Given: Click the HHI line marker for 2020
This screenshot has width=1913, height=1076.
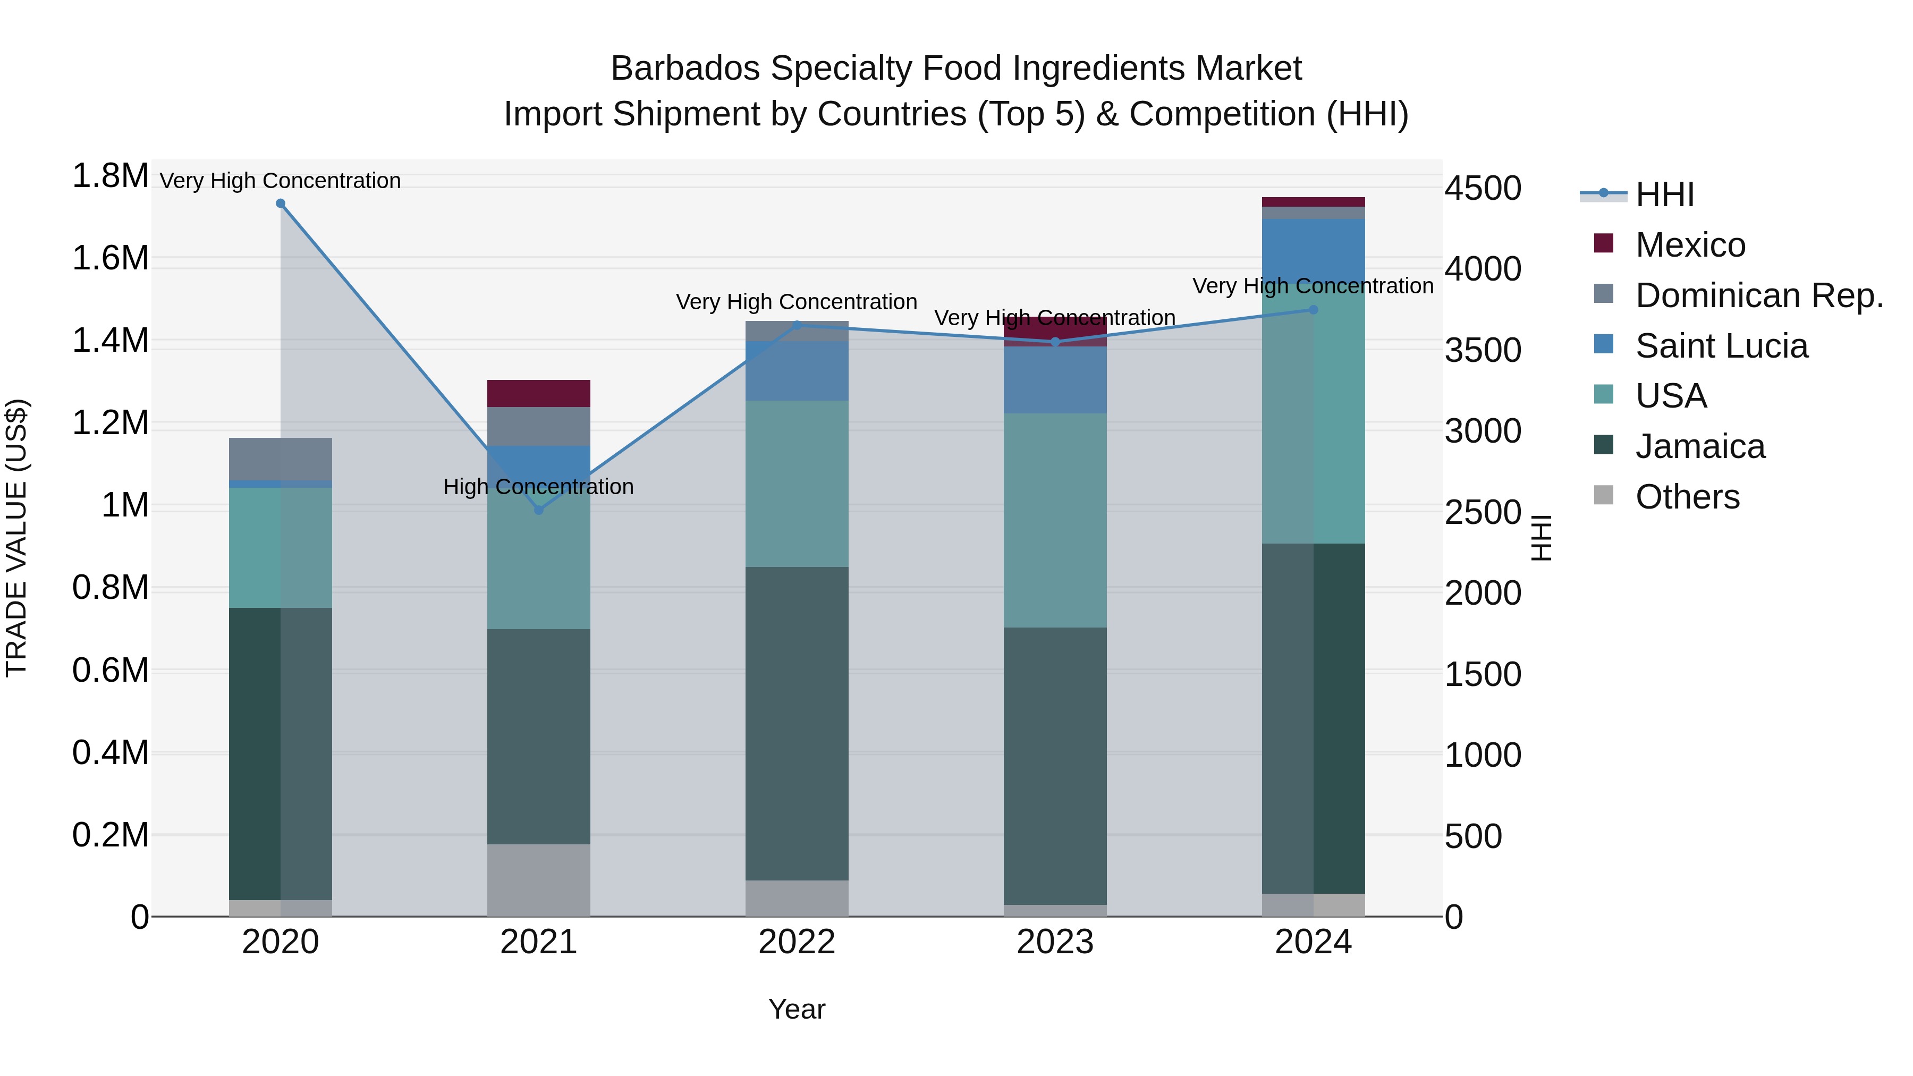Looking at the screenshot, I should [280, 204].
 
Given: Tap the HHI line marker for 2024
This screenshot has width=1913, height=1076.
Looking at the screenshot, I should [1313, 310].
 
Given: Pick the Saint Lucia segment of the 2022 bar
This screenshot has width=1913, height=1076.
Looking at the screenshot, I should [797, 371].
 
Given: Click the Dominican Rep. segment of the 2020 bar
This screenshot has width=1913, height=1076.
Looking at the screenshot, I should [280, 459].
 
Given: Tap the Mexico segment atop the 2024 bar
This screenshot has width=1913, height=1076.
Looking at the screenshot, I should [1313, 202].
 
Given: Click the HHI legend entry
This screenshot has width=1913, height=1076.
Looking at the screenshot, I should [1663, 194].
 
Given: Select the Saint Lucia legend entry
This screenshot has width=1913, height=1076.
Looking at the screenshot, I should [1721, 346].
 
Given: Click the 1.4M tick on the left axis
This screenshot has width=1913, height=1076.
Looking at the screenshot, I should [110, 342].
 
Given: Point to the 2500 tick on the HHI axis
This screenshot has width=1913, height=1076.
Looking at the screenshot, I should [1482, 512].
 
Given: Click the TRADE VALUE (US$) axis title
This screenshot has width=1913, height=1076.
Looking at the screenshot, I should [16, 538].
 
